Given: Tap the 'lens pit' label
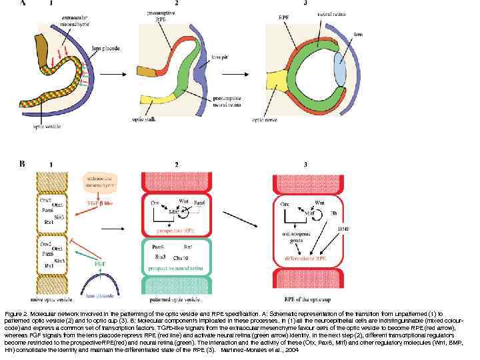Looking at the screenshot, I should pyautogui.click(x=218, y=59).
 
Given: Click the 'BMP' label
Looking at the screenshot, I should pyautogui.click(x=343, y=229).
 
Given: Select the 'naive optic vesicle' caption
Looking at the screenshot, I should pyautogui.click(x=51, y=303).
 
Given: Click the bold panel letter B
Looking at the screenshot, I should pyautogui.click(x=22, y=163).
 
